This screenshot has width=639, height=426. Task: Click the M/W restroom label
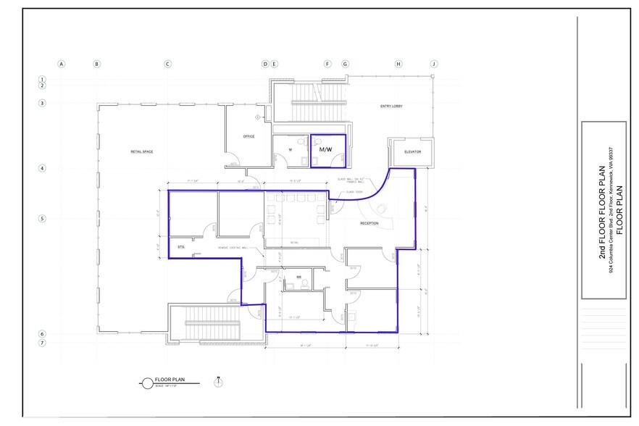(325, 149)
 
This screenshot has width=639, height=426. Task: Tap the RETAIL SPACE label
(141, 151)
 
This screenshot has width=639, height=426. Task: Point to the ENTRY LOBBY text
(391, 106)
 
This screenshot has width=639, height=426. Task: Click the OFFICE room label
(248, 136)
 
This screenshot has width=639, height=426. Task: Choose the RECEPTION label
(369, 224)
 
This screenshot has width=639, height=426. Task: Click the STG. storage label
(180, 247)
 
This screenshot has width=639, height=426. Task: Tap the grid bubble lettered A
(62, 64)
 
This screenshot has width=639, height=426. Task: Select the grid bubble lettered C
(167, 64)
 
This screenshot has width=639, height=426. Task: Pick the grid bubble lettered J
(434, 64)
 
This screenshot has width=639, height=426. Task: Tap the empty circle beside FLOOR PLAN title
(147, 381)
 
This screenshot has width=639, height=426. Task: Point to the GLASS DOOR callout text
(354, 192)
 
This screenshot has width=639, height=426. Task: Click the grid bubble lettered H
(398, 64)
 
